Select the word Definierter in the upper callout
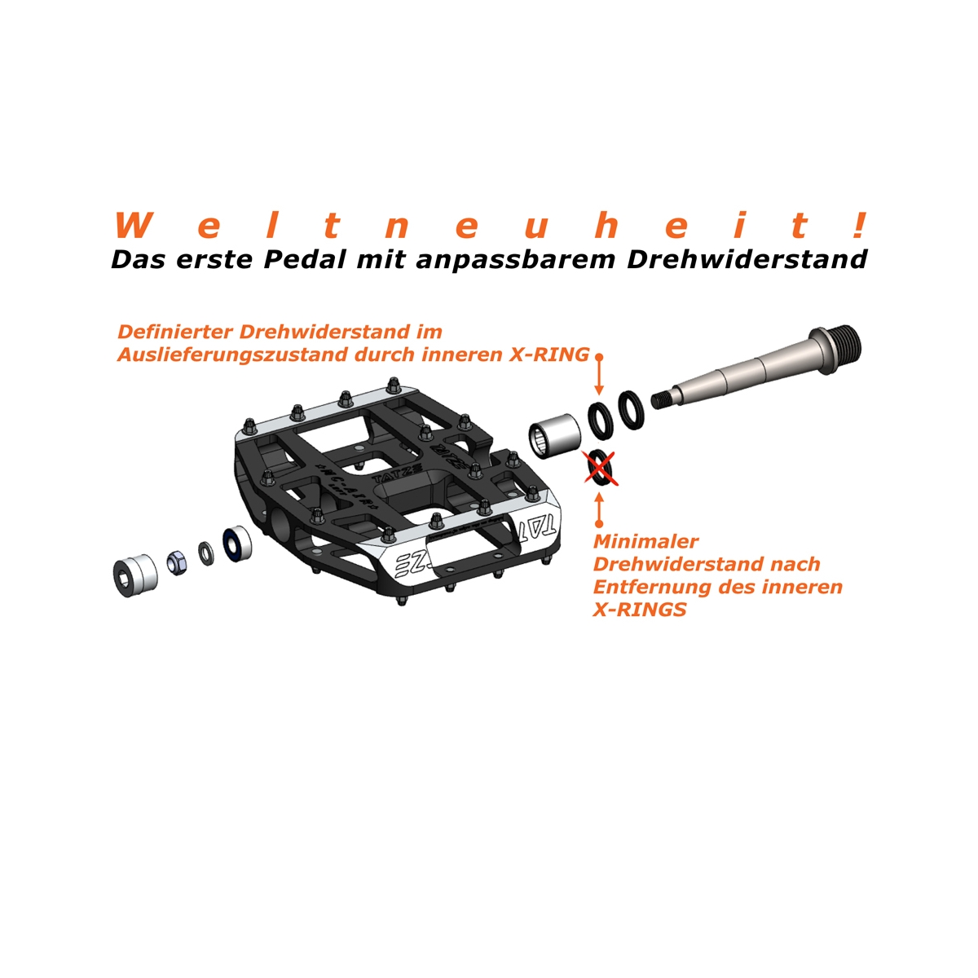pyautogui.click(x=175, y=332)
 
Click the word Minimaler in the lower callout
pyautogui.click(x=645, y=541)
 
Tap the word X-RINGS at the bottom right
pyautogui.click(x=640, y=609)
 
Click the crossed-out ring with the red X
pyautogui.click(x=599, y=468)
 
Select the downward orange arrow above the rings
pyautogui.click(x=599, y=375)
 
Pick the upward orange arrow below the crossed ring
pyautogui.click(x=599, y=510)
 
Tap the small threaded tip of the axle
pyautogui.click(x=660, y=400)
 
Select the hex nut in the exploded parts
pyautogui.click(x=178, y=563)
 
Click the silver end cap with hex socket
pyautogui.click(x=135, y=575)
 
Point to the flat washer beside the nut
pyautogui.click(x=206, y=553)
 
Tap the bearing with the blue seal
pyautogui.click(x=237, y=544)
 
